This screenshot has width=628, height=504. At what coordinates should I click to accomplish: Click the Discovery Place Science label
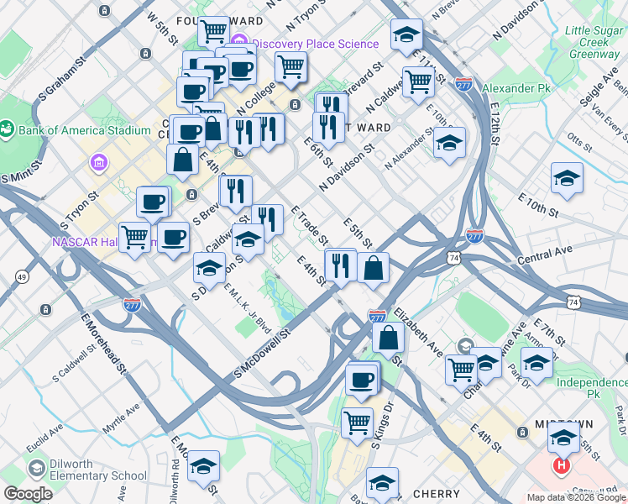coord(314,44)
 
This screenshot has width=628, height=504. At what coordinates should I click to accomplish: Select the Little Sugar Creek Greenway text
coord(592,42)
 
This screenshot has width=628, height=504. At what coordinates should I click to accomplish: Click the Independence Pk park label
coord(592,387)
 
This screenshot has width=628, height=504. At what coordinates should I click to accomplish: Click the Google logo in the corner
coord(29,494)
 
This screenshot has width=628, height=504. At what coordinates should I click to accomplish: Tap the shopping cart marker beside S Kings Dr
coord(358,422)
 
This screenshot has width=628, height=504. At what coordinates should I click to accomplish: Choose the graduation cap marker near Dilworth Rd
coord(203,466)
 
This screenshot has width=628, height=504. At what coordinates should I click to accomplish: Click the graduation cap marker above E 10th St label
coord(568,178)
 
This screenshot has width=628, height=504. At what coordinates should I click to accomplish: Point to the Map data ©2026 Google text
coord(575,497)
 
